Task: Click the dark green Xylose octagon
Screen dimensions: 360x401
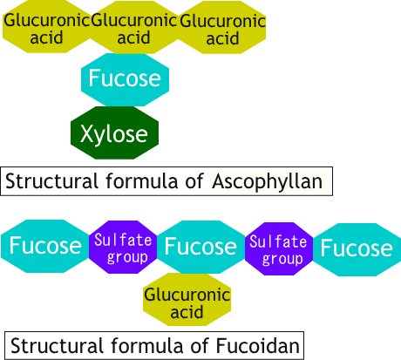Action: (115, 133)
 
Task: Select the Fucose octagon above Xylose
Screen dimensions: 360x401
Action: (125, 79)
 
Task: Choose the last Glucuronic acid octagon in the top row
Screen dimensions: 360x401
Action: (222, 28)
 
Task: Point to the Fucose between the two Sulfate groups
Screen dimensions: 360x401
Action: (200, 247)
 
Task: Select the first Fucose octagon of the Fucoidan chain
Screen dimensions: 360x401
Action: (45, 246)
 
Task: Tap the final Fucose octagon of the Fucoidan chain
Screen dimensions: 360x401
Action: (356, 248)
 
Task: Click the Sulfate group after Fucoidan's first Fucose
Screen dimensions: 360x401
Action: (123, 248)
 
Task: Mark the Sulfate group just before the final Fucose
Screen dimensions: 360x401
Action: (279, 249)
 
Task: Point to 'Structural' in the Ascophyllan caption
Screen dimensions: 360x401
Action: (48, 181)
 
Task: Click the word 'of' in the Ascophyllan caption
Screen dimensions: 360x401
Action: (194, 181)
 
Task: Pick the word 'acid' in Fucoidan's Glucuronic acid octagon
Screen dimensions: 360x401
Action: (187, 313)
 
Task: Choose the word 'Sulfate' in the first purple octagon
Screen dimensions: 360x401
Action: (123, 240)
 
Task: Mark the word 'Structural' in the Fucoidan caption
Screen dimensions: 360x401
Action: (55, 345)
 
